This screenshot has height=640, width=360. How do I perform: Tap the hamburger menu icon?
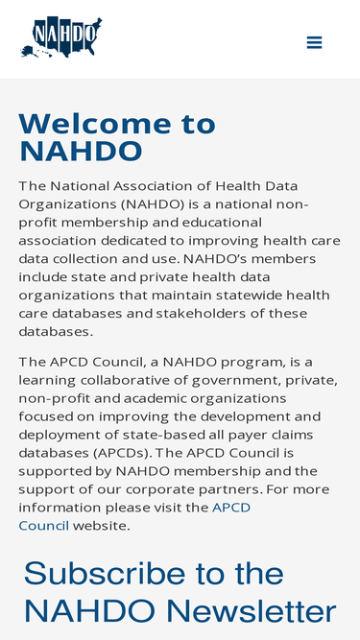(x=314, y=42)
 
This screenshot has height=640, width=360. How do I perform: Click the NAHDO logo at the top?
(x=60, y=37)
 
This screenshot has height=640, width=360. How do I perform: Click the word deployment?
(x=60, y=435)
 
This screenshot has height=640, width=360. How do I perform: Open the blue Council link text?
(x=43, y=526)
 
